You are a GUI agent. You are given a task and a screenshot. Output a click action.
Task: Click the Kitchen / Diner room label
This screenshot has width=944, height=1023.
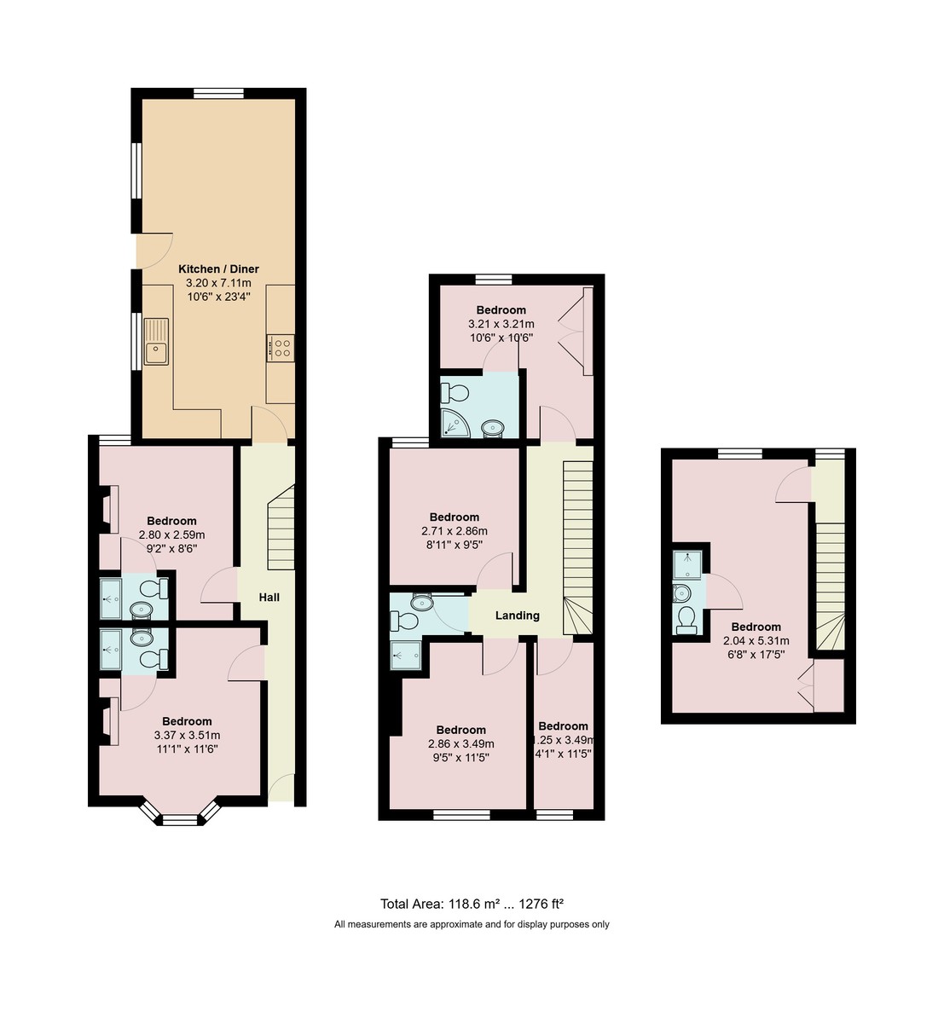pos(218,269)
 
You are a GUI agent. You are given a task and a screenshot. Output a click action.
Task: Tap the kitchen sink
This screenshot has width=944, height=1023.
pos(157,341)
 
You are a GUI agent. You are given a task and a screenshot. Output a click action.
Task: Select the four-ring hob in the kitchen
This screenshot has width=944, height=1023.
pos(281,348)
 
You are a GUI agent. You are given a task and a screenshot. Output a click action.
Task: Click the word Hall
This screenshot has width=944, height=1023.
pos(269,598)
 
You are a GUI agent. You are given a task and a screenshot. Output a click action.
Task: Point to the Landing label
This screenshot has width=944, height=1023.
pos(518,616)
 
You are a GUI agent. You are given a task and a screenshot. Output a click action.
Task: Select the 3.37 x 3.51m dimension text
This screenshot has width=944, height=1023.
pos(187,735)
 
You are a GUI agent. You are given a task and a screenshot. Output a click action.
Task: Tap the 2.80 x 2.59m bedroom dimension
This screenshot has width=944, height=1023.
pos(171,535)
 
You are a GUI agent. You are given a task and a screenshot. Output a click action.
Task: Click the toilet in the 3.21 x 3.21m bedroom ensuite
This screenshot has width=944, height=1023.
pos(455,393)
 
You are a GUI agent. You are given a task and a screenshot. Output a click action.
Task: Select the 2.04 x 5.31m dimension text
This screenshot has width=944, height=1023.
pos(756,641)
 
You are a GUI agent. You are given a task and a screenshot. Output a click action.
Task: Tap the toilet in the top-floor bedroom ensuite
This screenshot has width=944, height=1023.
pos(686,620)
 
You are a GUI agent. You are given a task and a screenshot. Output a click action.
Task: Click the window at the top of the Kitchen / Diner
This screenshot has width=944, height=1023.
pos(218,93)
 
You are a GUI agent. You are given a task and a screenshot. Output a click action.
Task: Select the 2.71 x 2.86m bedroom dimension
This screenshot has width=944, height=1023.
pos(454,531)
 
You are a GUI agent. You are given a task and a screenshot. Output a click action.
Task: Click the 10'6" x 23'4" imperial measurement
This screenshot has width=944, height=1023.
pos(218,297)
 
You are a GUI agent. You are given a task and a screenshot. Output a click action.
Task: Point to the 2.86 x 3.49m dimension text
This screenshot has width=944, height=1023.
pos(460,743)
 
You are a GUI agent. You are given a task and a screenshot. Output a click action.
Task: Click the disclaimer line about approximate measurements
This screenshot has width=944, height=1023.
pos(472,924)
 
